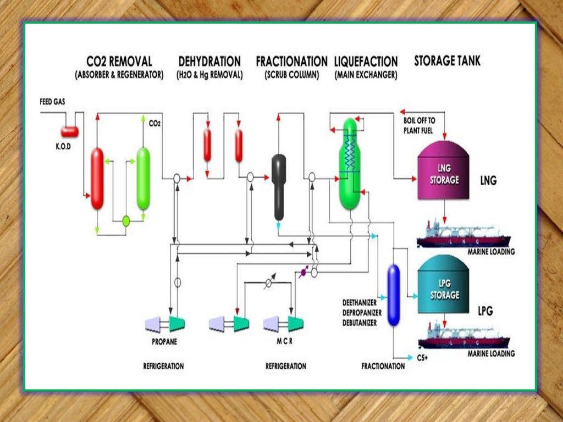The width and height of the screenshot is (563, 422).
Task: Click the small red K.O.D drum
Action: pos(69,131)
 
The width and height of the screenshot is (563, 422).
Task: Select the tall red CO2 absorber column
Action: pos(97,178)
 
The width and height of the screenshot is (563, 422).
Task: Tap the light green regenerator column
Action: pos(143,178)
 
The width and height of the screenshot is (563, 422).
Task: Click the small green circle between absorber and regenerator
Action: pos(125,221)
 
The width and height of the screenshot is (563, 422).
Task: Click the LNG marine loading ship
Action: pos(463,235)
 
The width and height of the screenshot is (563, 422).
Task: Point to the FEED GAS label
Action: pos(53,102)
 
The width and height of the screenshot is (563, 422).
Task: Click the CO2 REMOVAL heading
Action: pos(119,61)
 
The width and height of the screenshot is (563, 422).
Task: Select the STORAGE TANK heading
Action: pos(447,60)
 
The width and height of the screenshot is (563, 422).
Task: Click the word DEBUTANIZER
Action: pos(360,323)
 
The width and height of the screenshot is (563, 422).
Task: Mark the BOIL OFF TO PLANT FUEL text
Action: pos(419,125)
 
